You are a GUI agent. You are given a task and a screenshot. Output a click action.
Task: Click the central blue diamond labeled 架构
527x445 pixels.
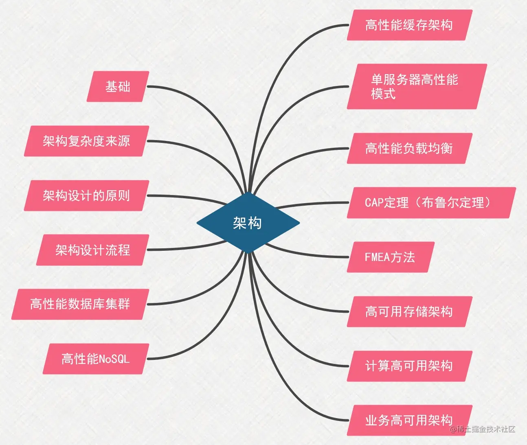(x=248, y=223)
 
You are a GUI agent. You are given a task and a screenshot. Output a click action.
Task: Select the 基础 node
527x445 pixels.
(x=118, y=86)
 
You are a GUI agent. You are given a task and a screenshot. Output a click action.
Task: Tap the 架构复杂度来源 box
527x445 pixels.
(x=86, y=141)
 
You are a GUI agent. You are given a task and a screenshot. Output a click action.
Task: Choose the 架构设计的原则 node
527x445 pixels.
(x=86, y=195)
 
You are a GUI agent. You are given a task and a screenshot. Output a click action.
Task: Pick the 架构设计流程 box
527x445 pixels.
(x=92, y=250)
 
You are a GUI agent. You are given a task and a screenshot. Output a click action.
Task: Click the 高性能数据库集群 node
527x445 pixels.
(x=80, y=304)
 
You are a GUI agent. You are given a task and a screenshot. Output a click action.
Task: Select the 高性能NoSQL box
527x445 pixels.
(x=96, y=359)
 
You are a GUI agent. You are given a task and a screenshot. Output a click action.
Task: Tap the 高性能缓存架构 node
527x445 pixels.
(x=409, y=25)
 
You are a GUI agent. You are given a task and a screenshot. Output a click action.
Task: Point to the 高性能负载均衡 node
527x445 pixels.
(x=409, y=148)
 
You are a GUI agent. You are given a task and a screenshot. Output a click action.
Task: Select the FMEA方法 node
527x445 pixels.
(x=390, y=257)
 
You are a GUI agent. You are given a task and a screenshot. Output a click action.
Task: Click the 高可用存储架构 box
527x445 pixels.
(x=409, y=311)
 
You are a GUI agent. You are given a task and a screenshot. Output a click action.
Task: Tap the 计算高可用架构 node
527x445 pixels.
(x=409, y=366)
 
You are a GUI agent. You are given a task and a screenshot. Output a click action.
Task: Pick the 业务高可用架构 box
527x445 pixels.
(x=409, y=420)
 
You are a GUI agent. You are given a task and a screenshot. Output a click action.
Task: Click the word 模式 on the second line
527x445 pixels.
(x=383, y=94)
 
